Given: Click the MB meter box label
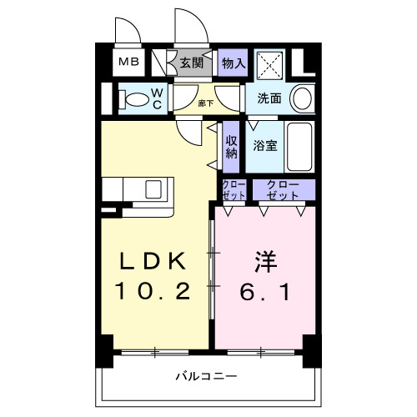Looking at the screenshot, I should pyautogui.click(x=128, y=62).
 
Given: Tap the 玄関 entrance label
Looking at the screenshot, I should pyautogui.click(x=191, y=63).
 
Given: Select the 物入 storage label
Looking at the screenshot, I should pyautogui.click(x=233, y=63).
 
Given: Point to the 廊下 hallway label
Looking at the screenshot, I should pyautogui.click(x=205, y=103).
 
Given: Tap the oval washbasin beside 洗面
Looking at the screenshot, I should pyautogui.click(x=304, y=98).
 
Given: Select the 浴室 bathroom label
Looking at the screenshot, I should pyautogui.click(x=266, y=143).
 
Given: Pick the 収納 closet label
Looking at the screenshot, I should pyautogui.click(x=232, y=143).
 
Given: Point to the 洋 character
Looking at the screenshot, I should pyautogui.click(x=263, y=261).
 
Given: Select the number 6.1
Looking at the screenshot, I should pyautogui.click(x=263, y=292).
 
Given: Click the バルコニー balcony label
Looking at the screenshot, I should pyautogui.click(x=205, y=376).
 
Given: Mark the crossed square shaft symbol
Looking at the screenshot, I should pyautogui.click(x=269, y=62).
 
